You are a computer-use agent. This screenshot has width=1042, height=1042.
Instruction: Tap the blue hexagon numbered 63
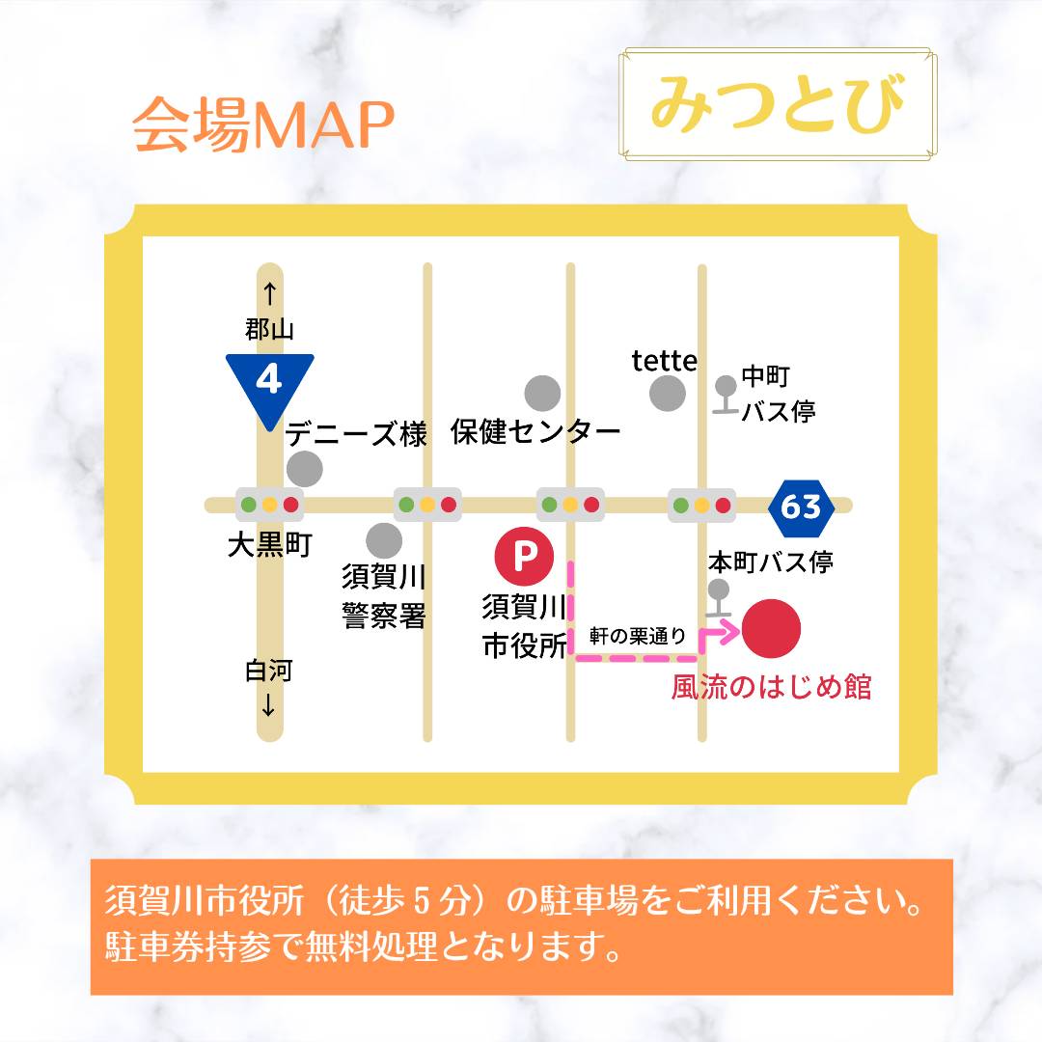coord(801,506)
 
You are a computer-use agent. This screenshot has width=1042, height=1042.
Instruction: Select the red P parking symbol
coord(524,556)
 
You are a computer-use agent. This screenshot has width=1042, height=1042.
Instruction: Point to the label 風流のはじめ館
coord(771,687)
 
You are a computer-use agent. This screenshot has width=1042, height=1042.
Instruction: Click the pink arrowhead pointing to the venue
coord(728,631)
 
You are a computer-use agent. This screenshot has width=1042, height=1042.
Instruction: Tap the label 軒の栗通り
coord(638,636)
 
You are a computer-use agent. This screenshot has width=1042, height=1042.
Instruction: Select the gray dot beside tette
coord(668,394)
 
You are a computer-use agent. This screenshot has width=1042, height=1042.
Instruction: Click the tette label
coord(664,361)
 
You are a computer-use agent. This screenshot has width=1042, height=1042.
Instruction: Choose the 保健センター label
coord(535,432)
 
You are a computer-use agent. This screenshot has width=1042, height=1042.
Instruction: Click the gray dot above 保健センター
coord(542,393)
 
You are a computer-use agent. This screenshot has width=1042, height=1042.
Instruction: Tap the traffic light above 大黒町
coord(269,505)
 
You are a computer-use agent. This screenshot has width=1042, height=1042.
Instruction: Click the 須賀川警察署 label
coord(384,597)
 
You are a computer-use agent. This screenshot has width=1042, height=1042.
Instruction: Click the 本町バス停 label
coord(770,562)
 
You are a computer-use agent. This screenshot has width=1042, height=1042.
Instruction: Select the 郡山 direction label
coord(269,330)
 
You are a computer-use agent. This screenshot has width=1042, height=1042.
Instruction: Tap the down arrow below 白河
coord(268,706)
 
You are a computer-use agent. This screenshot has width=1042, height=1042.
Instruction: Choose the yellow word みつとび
coord(777,103)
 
